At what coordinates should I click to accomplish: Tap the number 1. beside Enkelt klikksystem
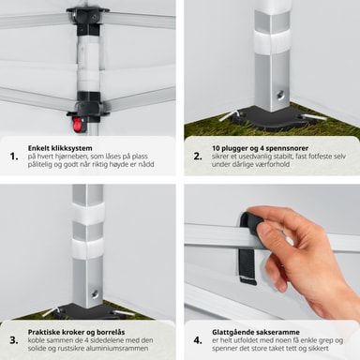(x=14, y=157)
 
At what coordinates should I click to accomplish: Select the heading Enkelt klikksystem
(x=60, y=148)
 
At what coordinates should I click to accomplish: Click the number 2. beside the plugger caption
(x=198, y=157)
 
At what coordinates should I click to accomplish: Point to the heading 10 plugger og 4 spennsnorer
(x=260, y=148)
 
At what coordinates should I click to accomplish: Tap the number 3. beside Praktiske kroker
(x=14, y=340)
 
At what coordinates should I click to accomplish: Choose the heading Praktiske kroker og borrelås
(x=76, y=332)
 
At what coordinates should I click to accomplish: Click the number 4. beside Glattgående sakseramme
(x=198, y=340)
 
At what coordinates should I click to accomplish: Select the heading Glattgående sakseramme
(x=256, y=332)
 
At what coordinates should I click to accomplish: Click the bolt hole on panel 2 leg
(x=281, y=95)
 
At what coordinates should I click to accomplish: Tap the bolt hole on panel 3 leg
(x=95, y=293)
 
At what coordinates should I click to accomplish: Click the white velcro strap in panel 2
(x=271, y=41)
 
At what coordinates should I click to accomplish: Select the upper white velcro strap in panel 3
(x=88, y=214)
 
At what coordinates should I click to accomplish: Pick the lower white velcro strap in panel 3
(x=88, y=251)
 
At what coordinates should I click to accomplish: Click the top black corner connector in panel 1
(x=88, y=18)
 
